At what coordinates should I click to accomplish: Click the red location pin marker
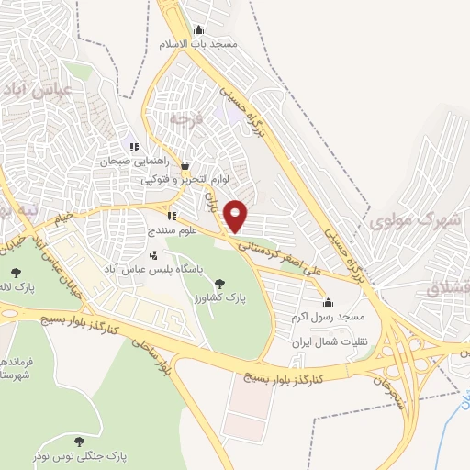pyautogui.click(x=236, y=216)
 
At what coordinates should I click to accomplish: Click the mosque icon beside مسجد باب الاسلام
pyautogui.click(x=198, y=29)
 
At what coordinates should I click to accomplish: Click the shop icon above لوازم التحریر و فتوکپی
pyautogui.click(x=185, y=166)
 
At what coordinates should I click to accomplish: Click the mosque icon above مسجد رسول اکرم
pyautogui.click(x=329, y=303)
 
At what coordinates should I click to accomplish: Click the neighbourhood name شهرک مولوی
pyautogui.click(x=414, y=221)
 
